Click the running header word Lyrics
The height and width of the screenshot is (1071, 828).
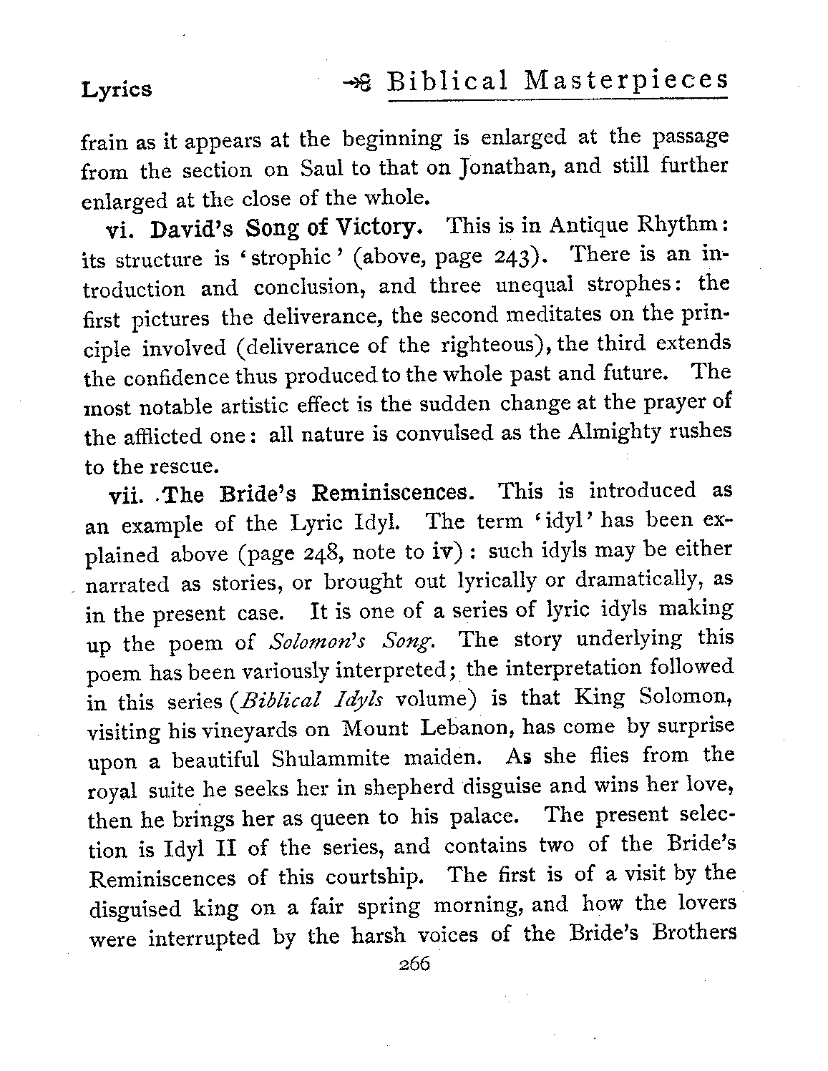pos(117,89)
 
